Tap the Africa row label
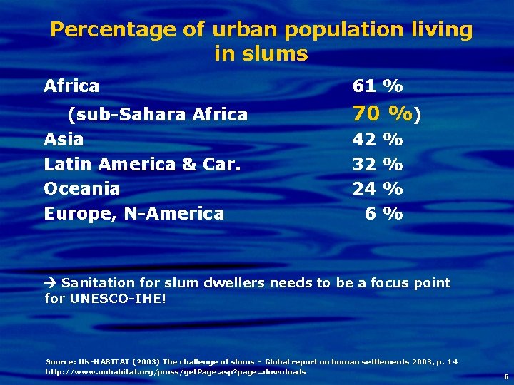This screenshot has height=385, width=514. (71, 87)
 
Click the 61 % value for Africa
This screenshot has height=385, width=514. (378, 87)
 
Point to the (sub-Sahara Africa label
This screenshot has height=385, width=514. (157, 114)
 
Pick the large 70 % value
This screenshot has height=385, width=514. (383, 113)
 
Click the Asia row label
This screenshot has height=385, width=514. (64, 139)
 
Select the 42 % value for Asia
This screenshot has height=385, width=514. (378, 139)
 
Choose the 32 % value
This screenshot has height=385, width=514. (378, 164)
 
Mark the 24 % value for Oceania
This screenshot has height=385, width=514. (378, 189)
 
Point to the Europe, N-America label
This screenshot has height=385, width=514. (133, 213)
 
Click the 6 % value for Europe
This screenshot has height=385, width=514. (383, 213)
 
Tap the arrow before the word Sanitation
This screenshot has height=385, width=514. (51, 283)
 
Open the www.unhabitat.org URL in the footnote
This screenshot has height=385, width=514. (176, 372)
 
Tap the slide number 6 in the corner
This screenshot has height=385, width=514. (506, 376)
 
